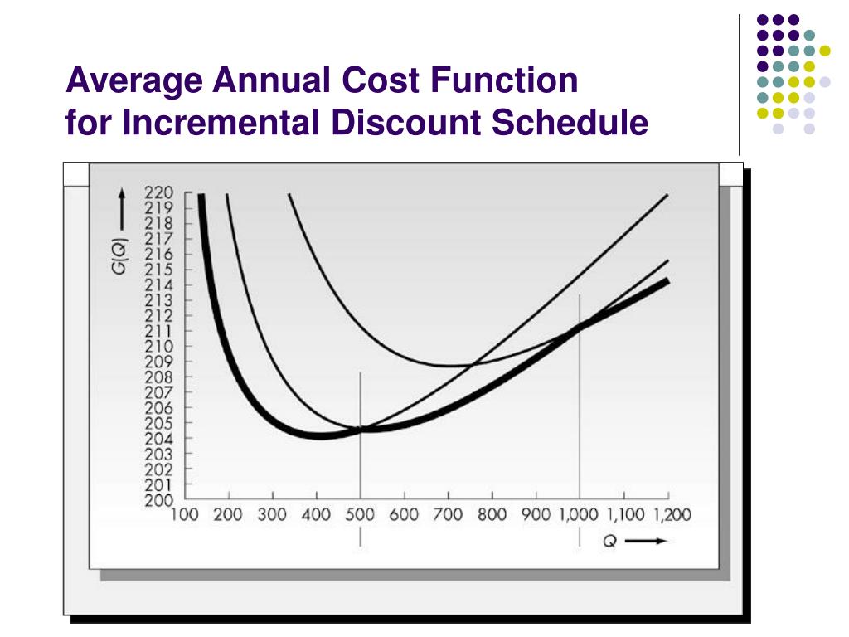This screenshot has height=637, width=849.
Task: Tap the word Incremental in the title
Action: coord(219,123)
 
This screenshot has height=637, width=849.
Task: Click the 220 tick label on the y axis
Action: coord(158,193)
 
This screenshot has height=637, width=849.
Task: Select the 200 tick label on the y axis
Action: coord(158,500)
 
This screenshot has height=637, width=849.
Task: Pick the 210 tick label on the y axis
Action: coord(158,347)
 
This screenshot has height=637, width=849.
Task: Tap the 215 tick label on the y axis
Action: coord(158,270)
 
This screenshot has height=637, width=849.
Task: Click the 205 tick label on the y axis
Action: coord(158,423)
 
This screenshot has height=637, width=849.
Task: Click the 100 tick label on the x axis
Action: coord(184,515)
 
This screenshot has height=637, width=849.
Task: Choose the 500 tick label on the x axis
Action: coord(360,515)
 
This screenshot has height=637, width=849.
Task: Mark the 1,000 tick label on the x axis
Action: coord(578,515)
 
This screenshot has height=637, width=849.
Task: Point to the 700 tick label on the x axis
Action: coord(448,515)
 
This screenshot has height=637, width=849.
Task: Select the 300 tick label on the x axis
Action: coord(272,515)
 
